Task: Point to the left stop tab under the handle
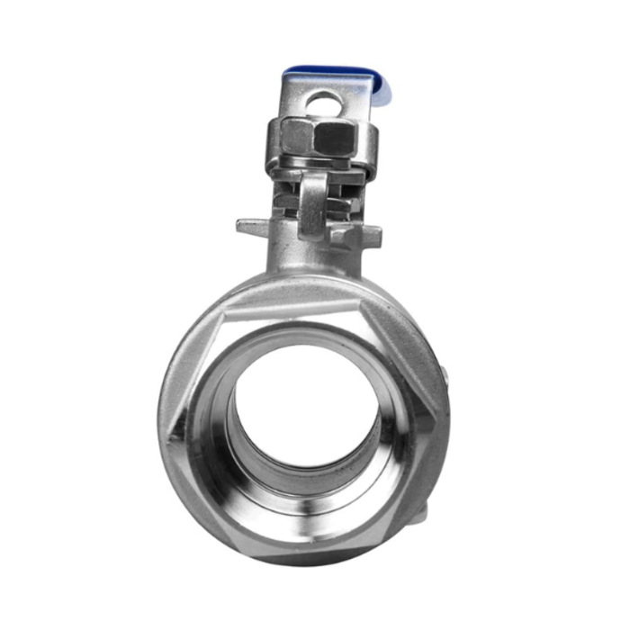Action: tap(251, 225)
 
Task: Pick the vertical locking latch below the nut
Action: tap(312, 202)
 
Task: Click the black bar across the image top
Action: tap(315, 26)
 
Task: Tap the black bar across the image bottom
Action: tap(315, 603)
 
